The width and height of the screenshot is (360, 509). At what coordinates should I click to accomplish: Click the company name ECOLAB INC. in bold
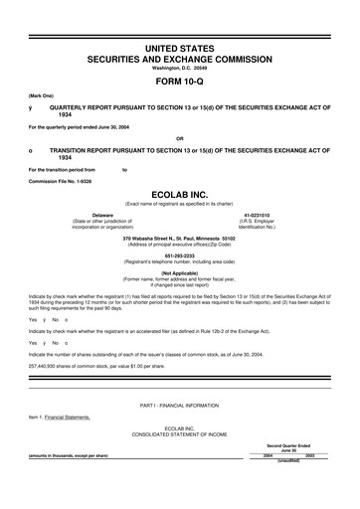point(180,197)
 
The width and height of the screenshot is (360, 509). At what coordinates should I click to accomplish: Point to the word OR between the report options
point(179,137)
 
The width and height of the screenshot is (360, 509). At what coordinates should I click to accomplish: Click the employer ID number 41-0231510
point(284,214)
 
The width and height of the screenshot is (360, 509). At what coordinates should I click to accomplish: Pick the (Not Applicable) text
point(180,270)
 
